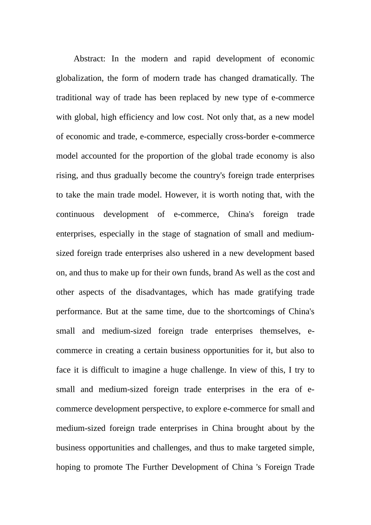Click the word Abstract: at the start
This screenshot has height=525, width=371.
89,59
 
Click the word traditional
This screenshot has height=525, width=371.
74,98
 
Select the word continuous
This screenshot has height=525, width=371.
75,214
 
